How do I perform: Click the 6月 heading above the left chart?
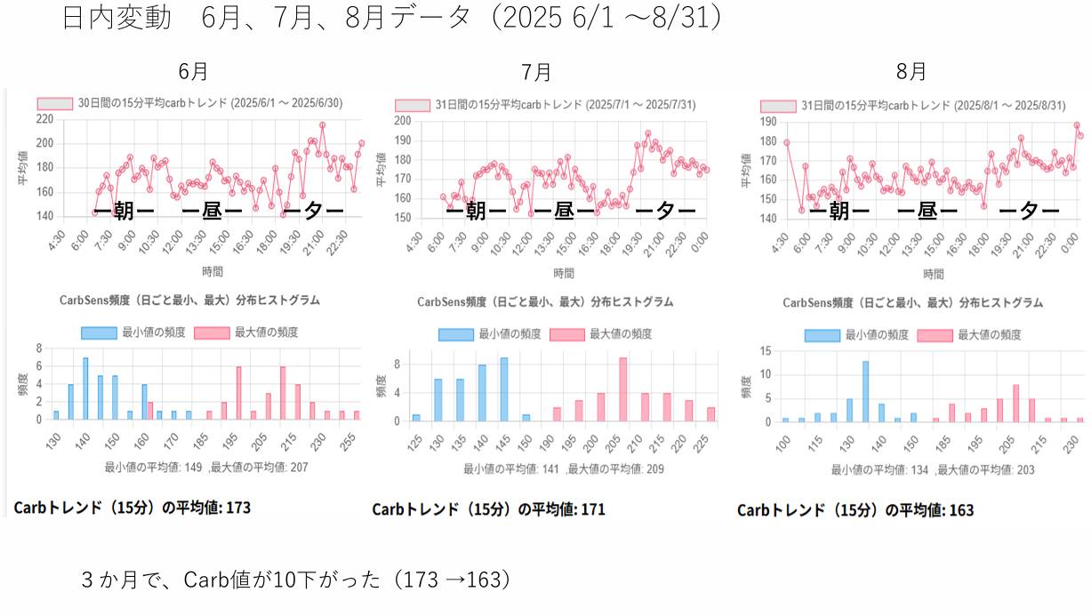tap(193, 71)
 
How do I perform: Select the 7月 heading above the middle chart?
tap(536, 71)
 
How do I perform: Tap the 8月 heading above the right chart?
tap(911, 71)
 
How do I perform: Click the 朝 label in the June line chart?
tap(124, 211)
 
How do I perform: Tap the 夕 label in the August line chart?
tap(1029, 211)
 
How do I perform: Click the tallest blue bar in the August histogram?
tap(865, 391)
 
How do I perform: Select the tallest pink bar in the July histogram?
tap(623, 388)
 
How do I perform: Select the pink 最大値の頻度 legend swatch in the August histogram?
tap(935, 335)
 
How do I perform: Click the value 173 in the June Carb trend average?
tap(238, 508)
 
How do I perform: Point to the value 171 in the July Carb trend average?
tap(592, 509)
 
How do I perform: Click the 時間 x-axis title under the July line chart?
tap(564, 273)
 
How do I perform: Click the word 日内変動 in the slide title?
tap(116, 19)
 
